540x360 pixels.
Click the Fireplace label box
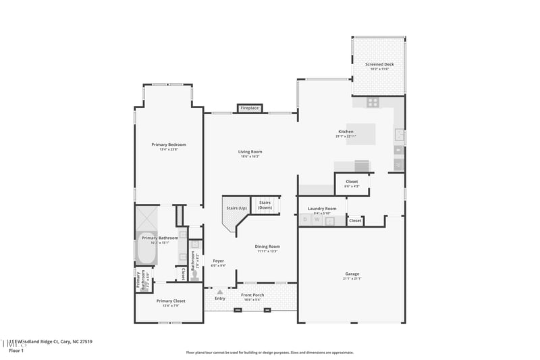250,108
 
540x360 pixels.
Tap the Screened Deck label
379,65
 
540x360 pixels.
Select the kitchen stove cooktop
372,103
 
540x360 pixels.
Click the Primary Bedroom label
169,145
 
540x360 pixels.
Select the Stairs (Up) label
235,209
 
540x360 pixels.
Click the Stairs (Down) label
265,205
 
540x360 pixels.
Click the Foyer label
218,261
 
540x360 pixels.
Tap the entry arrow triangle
219,291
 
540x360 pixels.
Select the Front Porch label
252,294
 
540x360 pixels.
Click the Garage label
352,274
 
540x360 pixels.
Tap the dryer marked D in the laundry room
305,220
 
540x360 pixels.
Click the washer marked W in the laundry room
317,220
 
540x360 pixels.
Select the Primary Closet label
171,301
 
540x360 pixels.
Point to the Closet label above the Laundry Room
352,182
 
